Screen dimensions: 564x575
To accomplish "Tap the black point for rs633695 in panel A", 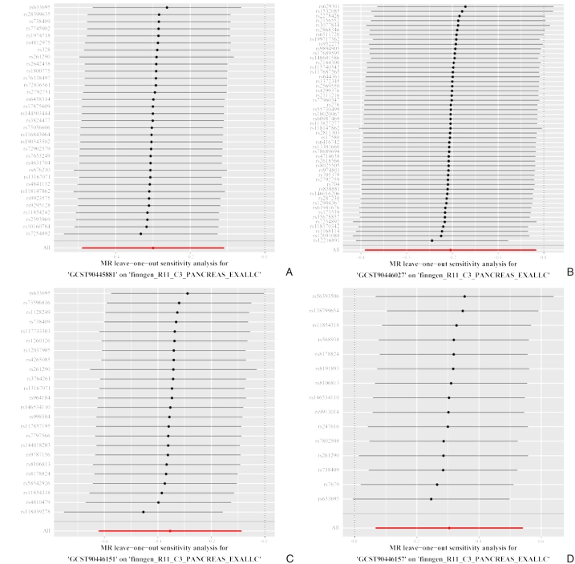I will [167, 7].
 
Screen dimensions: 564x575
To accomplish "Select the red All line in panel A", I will [152, 248].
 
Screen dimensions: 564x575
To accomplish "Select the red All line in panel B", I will [449, 250].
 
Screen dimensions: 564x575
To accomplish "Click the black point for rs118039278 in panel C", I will [143, 511].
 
